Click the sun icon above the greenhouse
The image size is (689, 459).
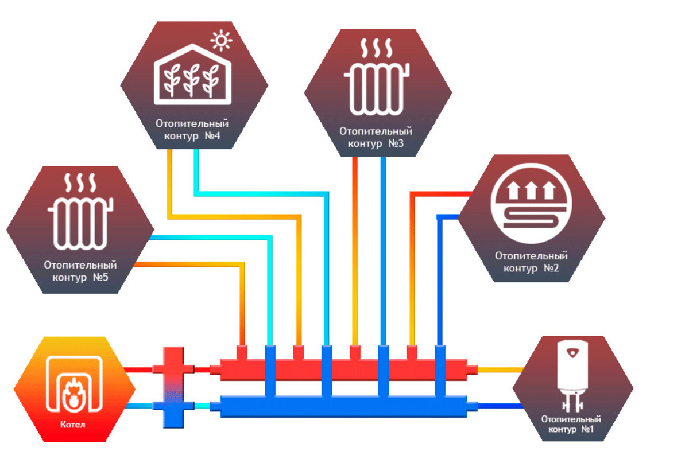(x=221, y=42)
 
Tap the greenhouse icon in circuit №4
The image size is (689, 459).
(x=193, y=79)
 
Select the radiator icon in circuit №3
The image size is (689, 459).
(x=377, y=89)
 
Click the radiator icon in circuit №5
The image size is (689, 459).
(x=80, y=224)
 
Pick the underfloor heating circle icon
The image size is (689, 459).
(x=531, y=205)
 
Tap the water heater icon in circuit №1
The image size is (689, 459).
(x=573, y=376)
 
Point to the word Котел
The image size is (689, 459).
(x=73, y=426)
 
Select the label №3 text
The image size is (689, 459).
(x=396, y=143)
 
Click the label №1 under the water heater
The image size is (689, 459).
(x=586, y=430)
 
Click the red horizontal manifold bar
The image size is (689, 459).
(x=344, y=369)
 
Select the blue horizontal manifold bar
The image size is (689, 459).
(x=344, y=407)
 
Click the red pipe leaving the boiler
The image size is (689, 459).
(x=141, y=369)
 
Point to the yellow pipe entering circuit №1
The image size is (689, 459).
(x=500, y=369)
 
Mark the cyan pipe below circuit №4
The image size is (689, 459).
(x=197, y=172)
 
